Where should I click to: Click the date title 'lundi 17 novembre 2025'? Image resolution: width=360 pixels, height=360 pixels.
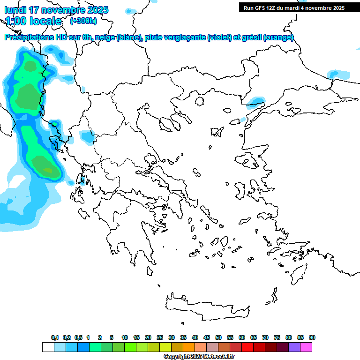[x=56, y=10]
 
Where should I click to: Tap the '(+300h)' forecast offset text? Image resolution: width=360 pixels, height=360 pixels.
[x=83, y=21]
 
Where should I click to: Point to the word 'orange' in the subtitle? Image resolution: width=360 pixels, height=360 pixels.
[x=279, y=37]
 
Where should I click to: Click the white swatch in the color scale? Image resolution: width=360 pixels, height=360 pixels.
[x=48, y=347]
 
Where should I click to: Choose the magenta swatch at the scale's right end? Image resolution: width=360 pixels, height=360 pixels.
[x=306, y=347]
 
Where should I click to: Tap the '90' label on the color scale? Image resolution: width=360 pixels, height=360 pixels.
[x=312, y=337]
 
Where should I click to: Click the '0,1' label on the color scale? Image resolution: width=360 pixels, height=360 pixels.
[x=55, y=337]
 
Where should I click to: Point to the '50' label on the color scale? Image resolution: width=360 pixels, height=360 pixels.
[x=218, y=337]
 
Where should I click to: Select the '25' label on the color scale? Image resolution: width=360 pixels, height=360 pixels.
[x=160, y=337]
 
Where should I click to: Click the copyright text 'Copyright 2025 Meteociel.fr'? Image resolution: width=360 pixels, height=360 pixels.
[x=199, y=357]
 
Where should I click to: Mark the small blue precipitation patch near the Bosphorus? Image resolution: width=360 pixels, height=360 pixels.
[x=255, y=101]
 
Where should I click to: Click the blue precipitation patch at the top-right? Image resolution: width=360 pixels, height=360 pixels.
[x=338, y=74]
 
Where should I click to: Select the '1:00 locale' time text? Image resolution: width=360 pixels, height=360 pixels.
[x=33, y=21]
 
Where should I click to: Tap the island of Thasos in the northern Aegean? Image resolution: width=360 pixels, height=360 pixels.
[x=199, y=102]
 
